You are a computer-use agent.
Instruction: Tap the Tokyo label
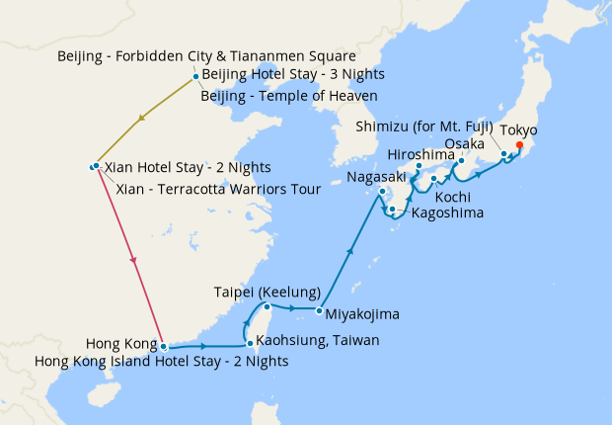tap(518, 130)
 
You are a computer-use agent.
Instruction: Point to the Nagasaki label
tap(377, 177)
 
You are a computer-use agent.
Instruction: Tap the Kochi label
tap(453, 196)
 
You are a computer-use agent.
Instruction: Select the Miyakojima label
tap(362, 315)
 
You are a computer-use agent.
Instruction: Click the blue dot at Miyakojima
tap(320, 311)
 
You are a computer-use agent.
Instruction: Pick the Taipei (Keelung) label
tap(267, 293)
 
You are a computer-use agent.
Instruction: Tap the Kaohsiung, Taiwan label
tap(311, 341)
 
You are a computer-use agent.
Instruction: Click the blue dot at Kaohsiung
tap(250, 343)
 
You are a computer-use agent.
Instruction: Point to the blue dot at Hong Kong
tap(164, 347)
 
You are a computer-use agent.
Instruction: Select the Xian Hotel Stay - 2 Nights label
tap(187, 167)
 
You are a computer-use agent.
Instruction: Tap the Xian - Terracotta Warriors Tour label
tap(218, 188)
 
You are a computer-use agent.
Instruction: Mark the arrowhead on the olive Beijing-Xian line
tap(143, 120)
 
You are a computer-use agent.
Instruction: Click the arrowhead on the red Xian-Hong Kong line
tap(132, 261)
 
